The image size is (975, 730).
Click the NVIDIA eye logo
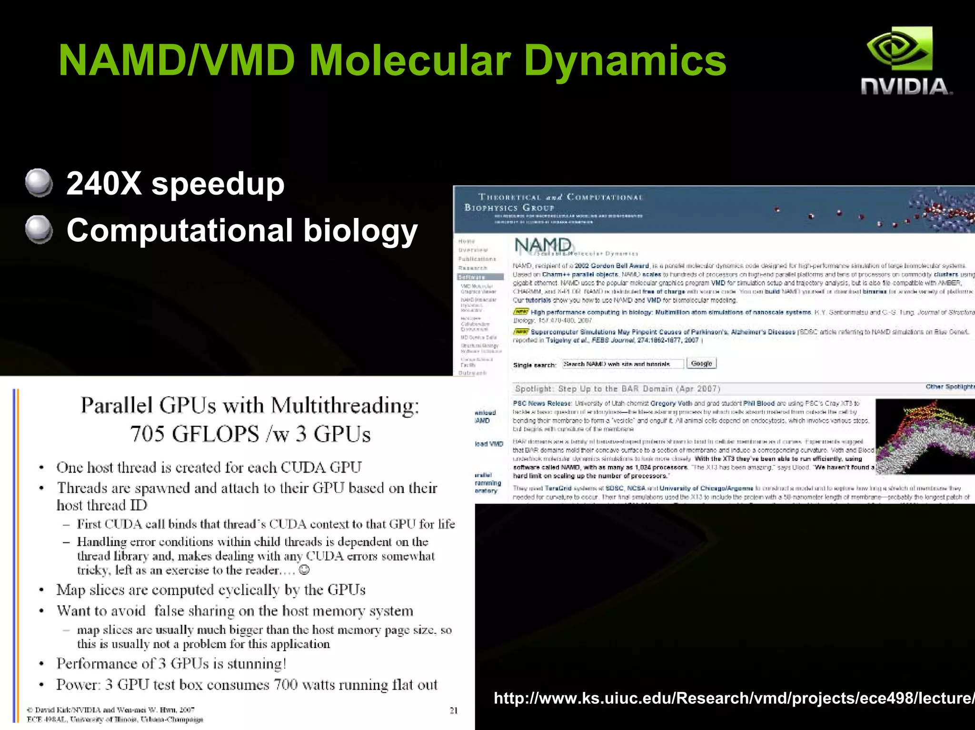pos(899,49)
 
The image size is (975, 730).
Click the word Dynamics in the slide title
pos(625,61)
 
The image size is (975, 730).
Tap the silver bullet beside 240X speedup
pos(39,183)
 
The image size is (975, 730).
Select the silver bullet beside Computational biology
pos(39,229)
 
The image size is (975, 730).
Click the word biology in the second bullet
pos(360,230)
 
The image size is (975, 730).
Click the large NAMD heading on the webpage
pos(543,245)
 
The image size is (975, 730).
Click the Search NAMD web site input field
pos(622,364)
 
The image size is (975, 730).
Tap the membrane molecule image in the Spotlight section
pos(925,436)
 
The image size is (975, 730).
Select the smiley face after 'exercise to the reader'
pos(305,570)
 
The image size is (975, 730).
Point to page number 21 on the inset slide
pos(454,710)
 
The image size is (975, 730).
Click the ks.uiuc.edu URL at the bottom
pos(733,698)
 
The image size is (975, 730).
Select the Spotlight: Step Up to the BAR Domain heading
pos(617,389)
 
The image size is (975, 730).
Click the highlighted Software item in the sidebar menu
pos(480,277)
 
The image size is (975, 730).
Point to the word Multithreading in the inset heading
pos(346,406)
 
